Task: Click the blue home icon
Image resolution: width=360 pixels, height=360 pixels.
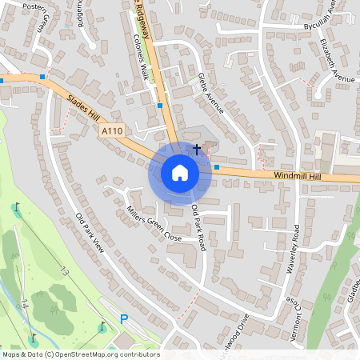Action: click(179, 173)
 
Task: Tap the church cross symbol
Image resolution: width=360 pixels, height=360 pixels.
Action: click(197, 149)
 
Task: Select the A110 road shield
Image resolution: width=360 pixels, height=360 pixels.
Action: click(111, 130)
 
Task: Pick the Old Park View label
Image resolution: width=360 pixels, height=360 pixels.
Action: click(90, 234)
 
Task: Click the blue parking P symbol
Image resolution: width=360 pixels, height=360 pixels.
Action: click(124, 318)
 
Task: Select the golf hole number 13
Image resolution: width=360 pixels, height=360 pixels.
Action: click(64, 273)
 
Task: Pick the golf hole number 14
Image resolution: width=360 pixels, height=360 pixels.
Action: click(25, 304)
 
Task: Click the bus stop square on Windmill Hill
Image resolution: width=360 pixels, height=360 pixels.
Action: click(216, 166)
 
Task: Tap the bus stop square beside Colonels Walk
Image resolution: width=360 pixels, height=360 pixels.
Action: click(160, 105)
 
